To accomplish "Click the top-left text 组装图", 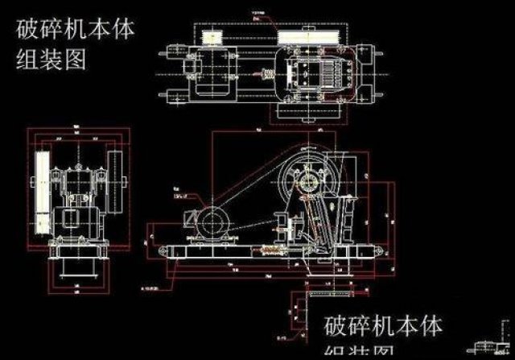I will click(x=50, y=60).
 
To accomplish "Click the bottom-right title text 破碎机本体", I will click(x=383, y=326).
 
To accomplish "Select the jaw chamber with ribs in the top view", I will click(x=313, y=71).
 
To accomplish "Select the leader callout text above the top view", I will click(x=261, y=14).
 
